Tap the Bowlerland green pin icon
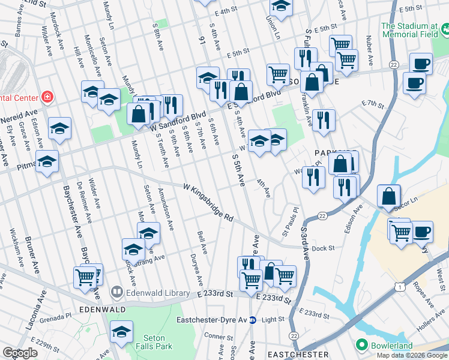click(x=361, y=346)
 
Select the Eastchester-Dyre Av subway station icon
click(x=253, y=320)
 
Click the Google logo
click(x=20, y=353)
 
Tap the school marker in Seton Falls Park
click(x=122, y=332)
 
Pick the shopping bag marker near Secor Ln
click(x=389, y=195)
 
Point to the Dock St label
click(x=322, y=247)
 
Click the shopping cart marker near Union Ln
click(x=278, y=74)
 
